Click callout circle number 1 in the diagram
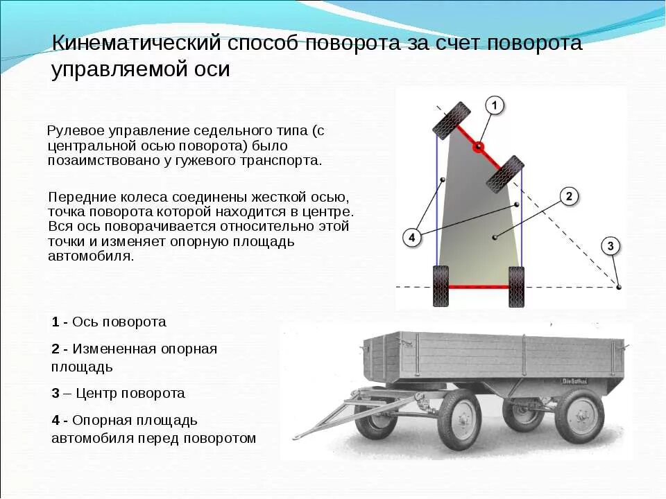click(494, 105)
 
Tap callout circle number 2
click(568, 196)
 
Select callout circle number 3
click(610, 245)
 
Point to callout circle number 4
click(411, 238)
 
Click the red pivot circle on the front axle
click(478, 147)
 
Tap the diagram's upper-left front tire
click(452, 121)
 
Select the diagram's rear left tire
click(441, 286)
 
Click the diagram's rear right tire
click(516, 286)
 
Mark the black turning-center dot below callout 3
click(619, 286)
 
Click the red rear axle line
click(479, 286)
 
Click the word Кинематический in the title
click(136, 44)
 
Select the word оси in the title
click(211, 70)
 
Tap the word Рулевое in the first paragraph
click(71, 130)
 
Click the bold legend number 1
click(55, 322)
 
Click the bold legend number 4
click(55, 420)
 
